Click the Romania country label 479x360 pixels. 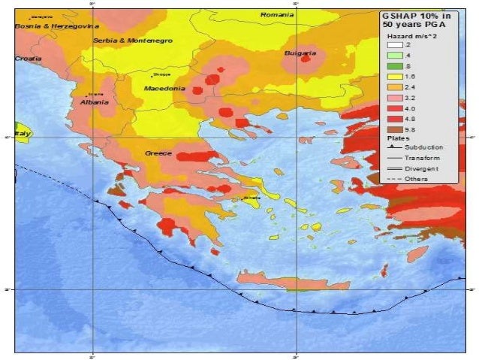tap(277, 14)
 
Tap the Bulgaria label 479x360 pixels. tap(300, 53)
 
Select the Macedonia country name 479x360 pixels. tap(164, 88)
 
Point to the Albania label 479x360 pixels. tap(95, 102)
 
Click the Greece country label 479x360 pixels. tap(158, 153)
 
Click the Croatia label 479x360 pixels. tap(28, 58)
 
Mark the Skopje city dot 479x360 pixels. tap(153, 75)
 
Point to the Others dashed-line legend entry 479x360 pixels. tap(414, 180)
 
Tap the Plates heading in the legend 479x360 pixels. tap(397, 138)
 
